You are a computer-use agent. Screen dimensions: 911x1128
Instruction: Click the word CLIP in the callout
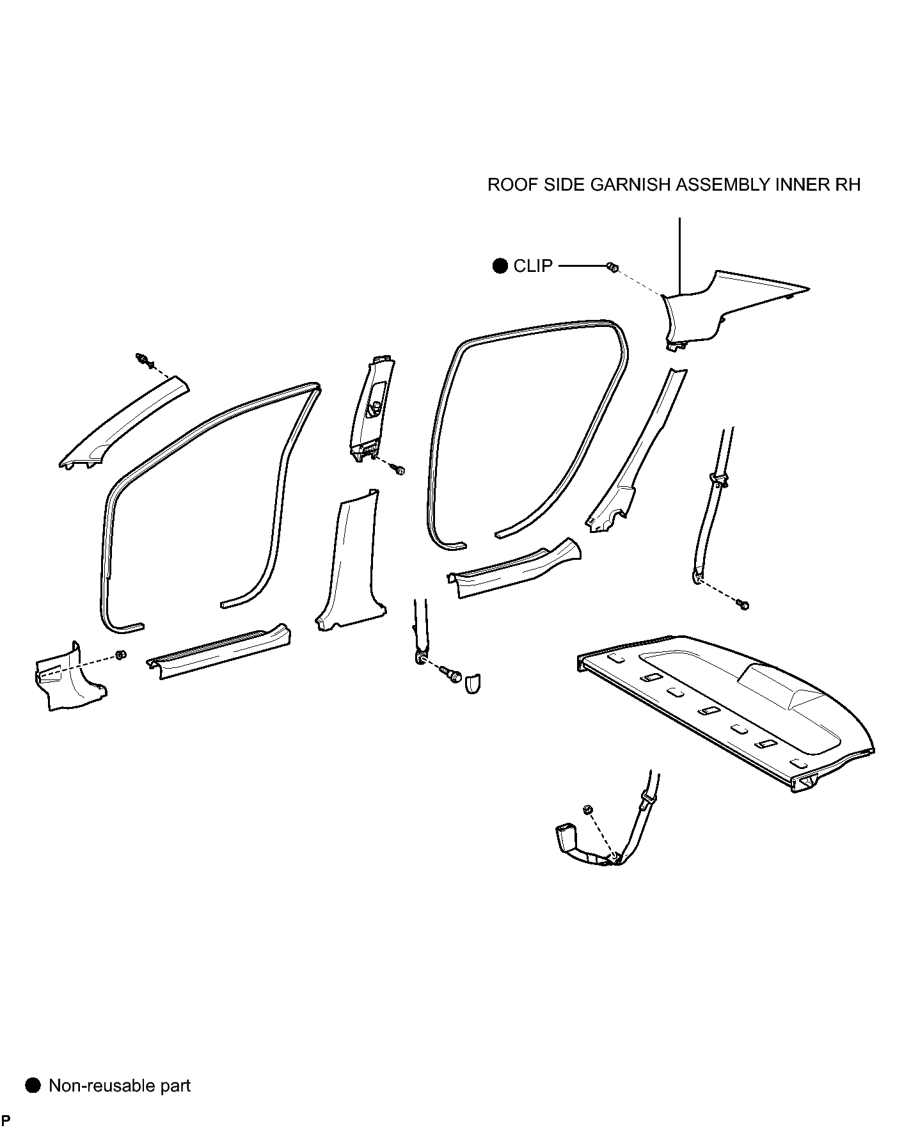pos(533,266)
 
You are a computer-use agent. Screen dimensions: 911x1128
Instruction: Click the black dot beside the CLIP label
pos(500,266)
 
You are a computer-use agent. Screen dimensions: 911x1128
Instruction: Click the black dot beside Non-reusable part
pos(33,1085)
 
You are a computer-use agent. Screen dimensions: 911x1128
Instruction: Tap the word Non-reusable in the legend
pos(93,1085)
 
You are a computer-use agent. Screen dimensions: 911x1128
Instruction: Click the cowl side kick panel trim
pos(69,678)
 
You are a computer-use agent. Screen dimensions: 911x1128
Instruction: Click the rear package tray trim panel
pos(725,710)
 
